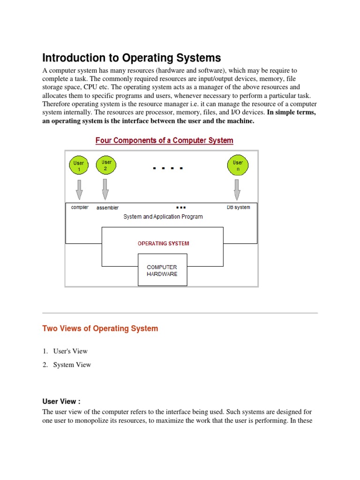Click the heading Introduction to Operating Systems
pos(131,58)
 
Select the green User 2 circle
pos(105,165)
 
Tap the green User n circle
pos(238,165)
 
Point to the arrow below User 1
pos(79,189)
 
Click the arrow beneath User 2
pos(105,189)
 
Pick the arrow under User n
pos(237,189)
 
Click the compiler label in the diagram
pos(80,207)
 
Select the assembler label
pos(107,208)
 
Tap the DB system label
pos(238,207)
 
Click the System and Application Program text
pos(163,217)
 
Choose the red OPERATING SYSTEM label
pos(163,243)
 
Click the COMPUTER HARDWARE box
pos(162,270)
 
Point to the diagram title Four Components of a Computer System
pos(164,140)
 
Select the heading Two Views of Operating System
pos(100,328)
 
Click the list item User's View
pos(70,351)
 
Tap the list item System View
pos(72,365)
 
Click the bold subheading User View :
pos(61,401)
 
